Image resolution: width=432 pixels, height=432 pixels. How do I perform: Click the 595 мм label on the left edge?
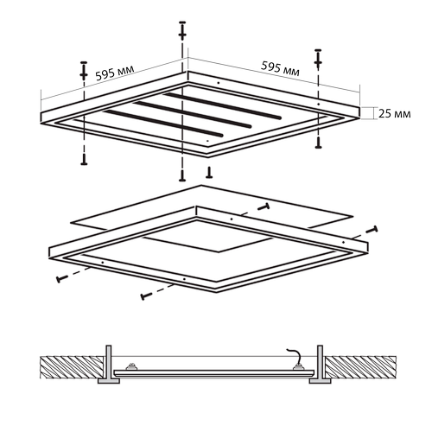point(115,73)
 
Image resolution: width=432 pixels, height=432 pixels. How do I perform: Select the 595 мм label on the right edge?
point(280,69)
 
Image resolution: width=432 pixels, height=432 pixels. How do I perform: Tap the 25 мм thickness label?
point(395,114)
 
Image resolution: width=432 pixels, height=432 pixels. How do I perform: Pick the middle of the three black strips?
point(192,114)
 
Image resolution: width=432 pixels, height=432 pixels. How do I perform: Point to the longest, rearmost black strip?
point(222,105)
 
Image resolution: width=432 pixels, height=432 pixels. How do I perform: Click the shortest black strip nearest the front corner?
point(163,124)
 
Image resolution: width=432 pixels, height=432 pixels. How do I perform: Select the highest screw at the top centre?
point(182,30)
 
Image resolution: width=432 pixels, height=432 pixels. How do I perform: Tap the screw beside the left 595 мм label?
point(84,71)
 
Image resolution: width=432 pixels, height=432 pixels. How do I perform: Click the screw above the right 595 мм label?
point(318,59)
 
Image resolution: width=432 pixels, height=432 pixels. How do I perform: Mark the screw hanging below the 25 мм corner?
point(318,143)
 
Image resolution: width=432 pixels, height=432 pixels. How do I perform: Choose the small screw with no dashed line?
point(210,172)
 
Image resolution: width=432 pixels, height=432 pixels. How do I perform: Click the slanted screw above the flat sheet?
point(264,207)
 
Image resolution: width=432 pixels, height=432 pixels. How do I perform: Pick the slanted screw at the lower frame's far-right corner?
point(372,230)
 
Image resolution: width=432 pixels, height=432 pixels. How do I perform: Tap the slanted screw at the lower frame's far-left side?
point(62,278)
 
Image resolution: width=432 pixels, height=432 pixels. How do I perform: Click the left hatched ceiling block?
point(72,367)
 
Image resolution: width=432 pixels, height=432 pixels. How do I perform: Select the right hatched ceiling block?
point(361,367)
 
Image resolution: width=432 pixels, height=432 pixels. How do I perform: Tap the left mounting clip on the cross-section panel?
point(132,366)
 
